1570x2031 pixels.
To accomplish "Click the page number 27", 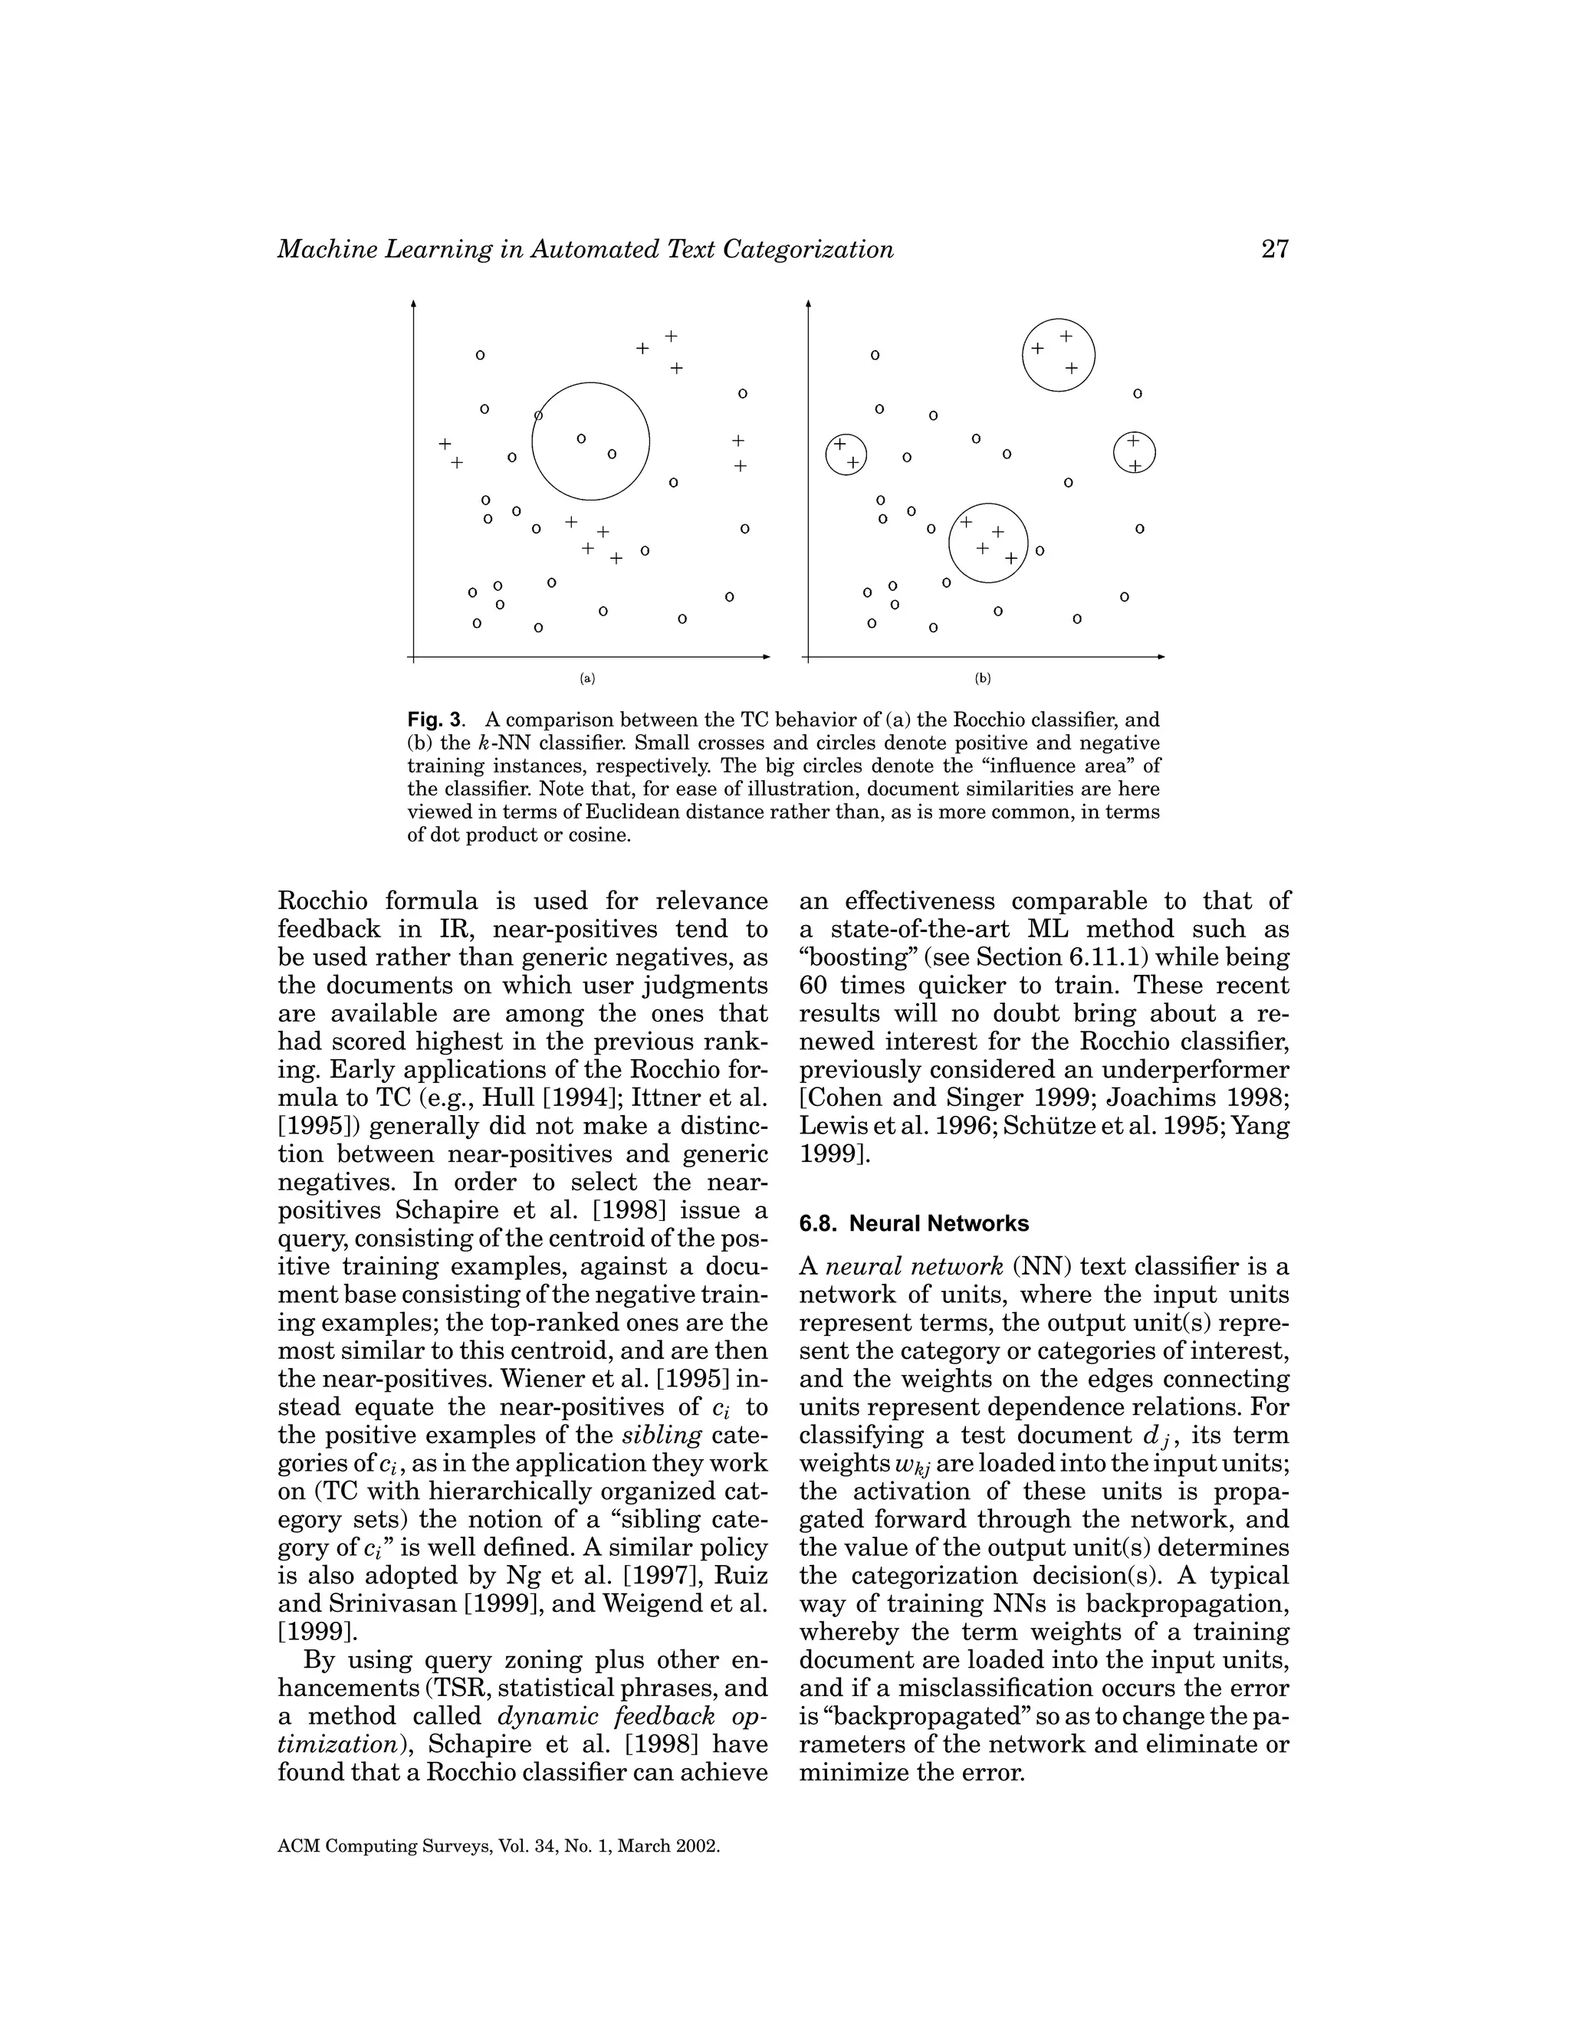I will [1275, 249].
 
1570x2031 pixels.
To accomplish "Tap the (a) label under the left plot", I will [587, 678].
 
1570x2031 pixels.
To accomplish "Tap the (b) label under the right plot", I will [982, 678].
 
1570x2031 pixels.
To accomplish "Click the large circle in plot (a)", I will [649, 441].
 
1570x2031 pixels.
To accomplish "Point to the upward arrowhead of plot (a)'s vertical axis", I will [413, 304].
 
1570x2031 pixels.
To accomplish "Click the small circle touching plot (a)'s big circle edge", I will [537, 415].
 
